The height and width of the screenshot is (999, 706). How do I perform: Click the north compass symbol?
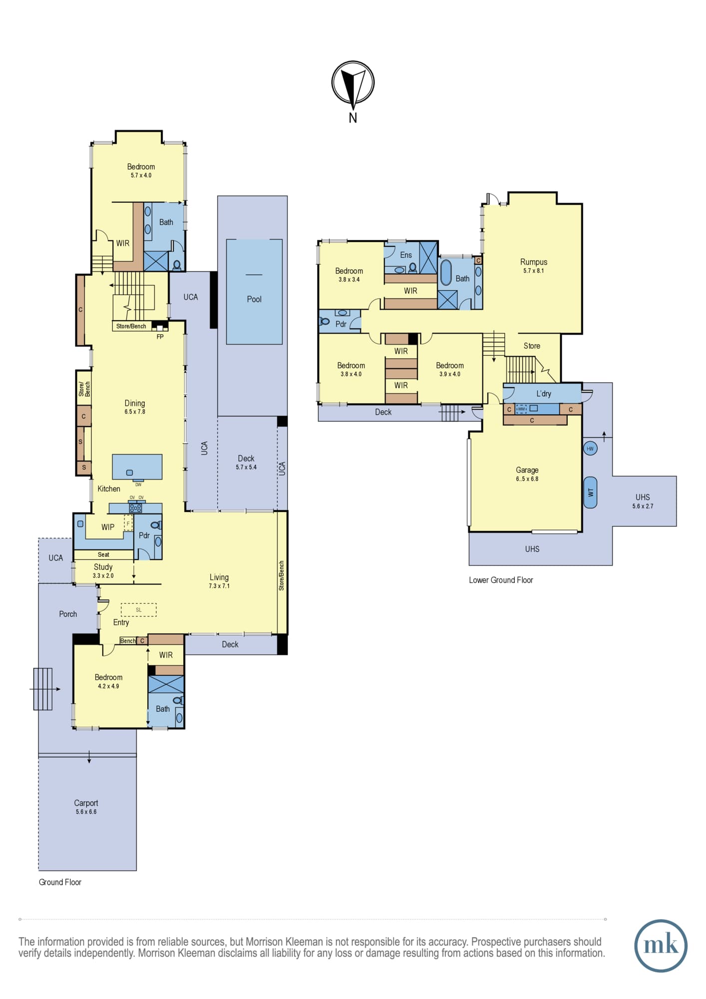[x=353, y=84]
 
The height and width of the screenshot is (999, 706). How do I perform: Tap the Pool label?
[x=254, y=299]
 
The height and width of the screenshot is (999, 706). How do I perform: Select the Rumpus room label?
[x=534, y=262]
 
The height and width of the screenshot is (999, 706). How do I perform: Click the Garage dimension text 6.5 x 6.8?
[x=527, y=479]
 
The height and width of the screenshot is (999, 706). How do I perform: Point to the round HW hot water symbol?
[x=590, y=449]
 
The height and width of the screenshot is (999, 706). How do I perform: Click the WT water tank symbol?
[x=590, y=493]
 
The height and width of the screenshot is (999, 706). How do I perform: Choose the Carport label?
[x=86, y=803]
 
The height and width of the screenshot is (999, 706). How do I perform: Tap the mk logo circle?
[x=661, y=946]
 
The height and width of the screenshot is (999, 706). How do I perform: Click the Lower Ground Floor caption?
[x=501, y=580]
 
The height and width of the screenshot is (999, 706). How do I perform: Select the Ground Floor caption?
[x=60, y=882]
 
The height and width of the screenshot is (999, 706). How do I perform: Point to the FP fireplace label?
[x=160, y=337]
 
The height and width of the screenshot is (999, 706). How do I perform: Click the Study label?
[x=103, y=567]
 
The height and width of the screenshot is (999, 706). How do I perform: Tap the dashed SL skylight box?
[x=139, y=610]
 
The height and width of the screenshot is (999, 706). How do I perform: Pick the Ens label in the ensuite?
[x=406, y=255]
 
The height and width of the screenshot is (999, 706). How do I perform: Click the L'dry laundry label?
[x=544, y=394]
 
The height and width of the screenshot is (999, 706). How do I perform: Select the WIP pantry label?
[x=108, y=527]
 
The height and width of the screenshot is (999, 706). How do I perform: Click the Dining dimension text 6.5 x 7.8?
[x=135, y=412]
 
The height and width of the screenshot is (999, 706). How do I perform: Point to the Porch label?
[x=68, y=614]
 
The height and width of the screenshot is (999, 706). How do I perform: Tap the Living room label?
[x=219, y=577]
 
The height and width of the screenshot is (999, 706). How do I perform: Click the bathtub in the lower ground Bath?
[x=446, y=272]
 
